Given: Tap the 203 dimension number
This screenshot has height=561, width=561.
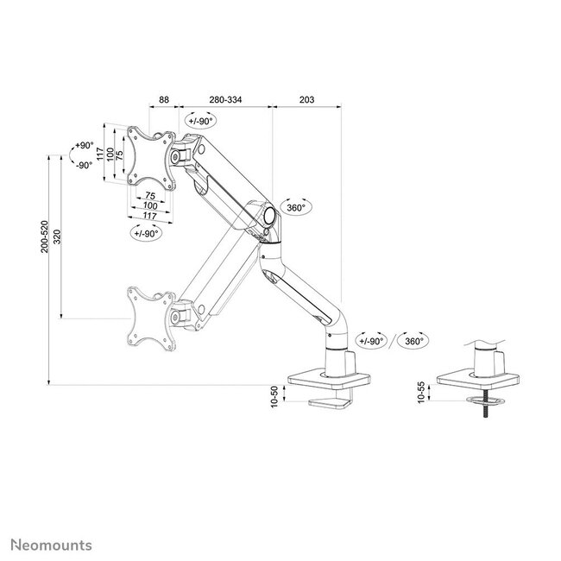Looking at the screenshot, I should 306,100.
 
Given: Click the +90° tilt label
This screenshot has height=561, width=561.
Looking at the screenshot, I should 83,146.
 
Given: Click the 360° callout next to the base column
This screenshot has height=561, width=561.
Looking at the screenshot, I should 413,341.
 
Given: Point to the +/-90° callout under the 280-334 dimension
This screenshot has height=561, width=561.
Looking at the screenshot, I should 203,122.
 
